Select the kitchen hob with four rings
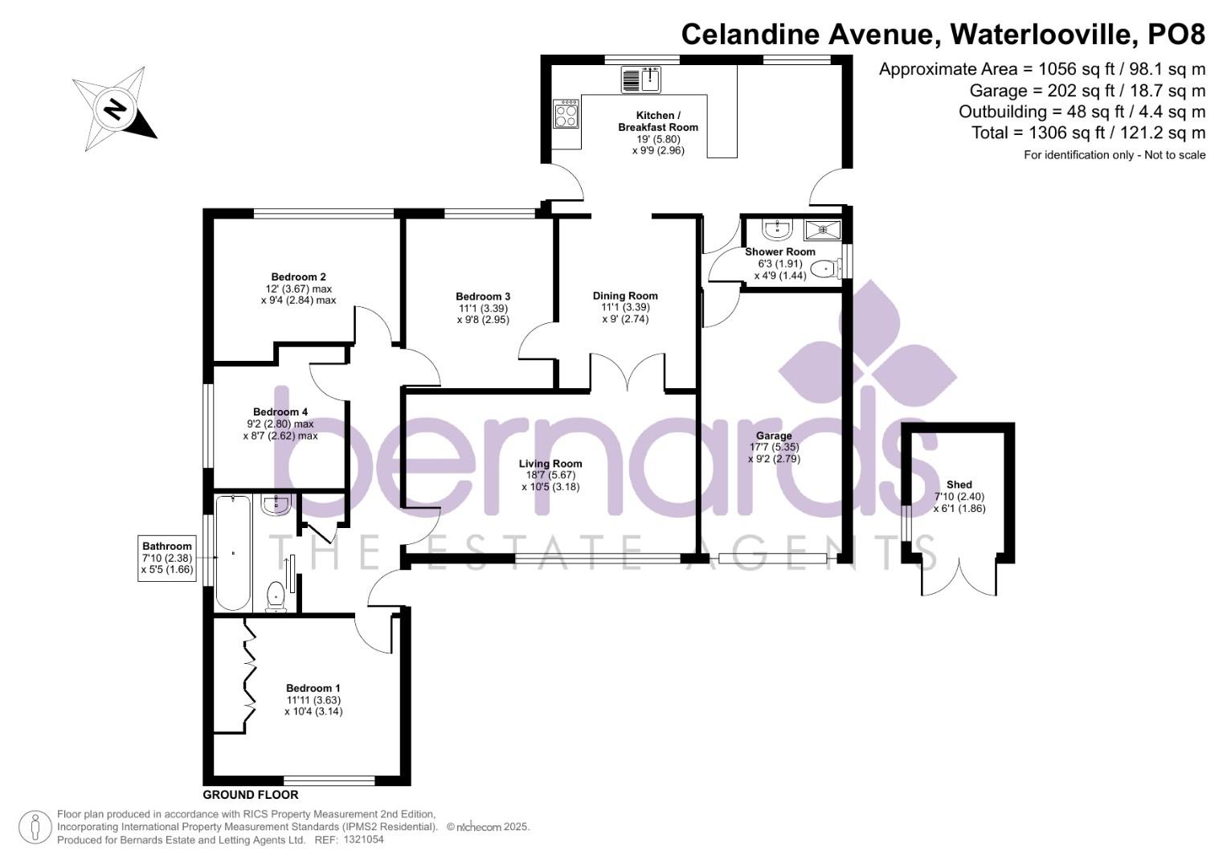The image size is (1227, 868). (x=566, y=113)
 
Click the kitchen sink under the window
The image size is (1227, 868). (x=640, y=80)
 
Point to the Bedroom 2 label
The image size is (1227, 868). (x=298, y=277)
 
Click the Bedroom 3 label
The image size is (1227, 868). (x=482, y=297)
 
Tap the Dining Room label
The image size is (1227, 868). (x=625, y=296)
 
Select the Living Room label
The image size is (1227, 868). (x=550, y=464)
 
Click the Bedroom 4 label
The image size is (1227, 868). (x=280, y=412)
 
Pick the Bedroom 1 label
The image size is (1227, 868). (x=313, y=688)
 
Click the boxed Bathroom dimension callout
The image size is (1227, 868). (x=167, y=558)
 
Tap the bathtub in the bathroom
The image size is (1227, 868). (x=233, y=553)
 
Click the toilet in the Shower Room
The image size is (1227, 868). (x=824, y=269)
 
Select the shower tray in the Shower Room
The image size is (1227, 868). (x=822, y=230)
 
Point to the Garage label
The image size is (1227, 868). (x=773, y=436)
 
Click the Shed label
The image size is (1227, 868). (x=959, y=485)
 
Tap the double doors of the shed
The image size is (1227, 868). (x=959, y=575)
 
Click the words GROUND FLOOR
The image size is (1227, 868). (x=250, y=795)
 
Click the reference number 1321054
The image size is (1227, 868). (x=364, y=840)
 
